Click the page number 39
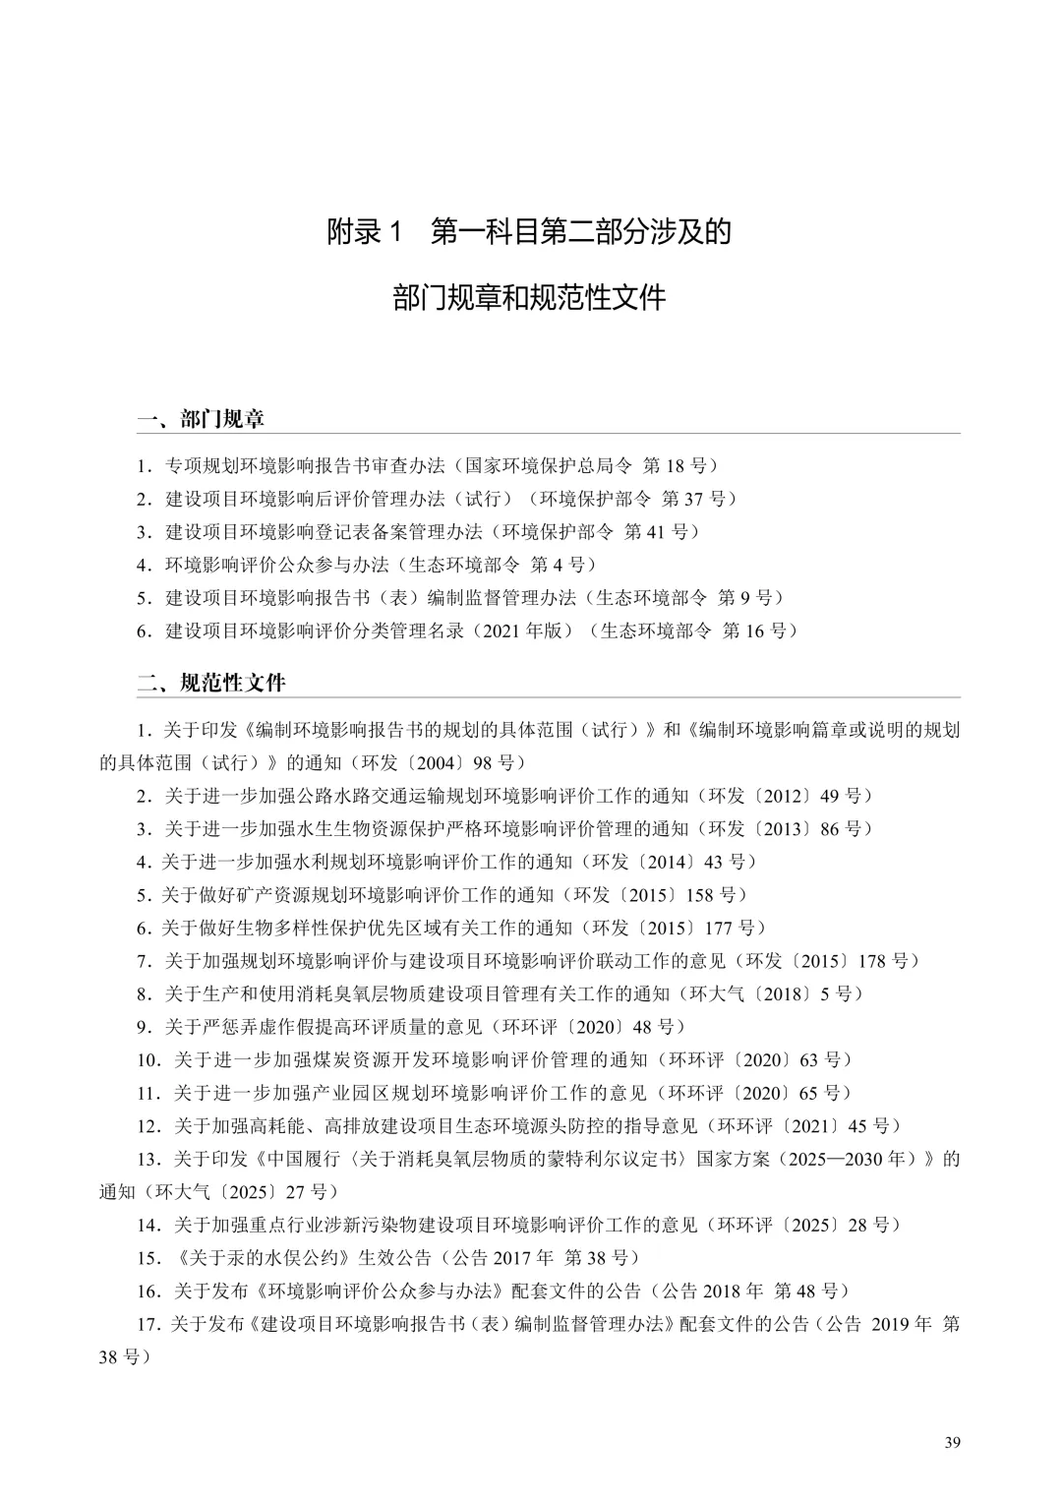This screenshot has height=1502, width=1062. (x=952, y=1442)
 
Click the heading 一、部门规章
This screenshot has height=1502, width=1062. (x=201, y=419)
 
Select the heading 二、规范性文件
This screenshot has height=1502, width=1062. (x=211, y=683)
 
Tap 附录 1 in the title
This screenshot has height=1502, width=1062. (x=366, y=232)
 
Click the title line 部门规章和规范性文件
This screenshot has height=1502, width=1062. (x=530, y=297)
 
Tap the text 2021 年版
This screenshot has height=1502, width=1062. (x=525, y=631)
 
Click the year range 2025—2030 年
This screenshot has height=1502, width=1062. (x=848, y=1159)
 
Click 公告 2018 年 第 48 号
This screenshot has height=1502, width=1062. (x=752, y=1291)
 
